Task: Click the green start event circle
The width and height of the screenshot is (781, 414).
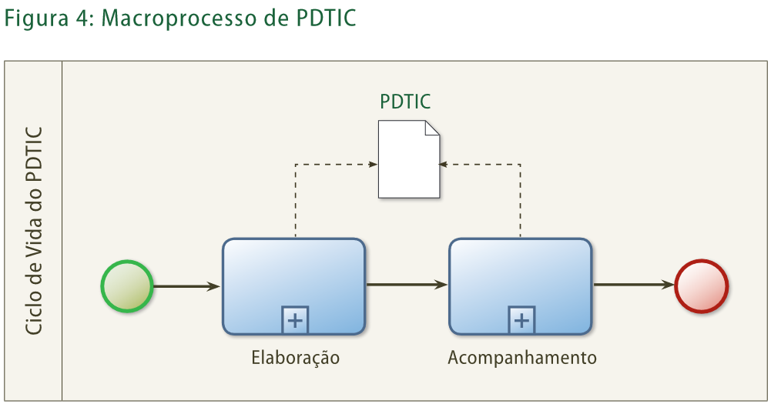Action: click(x=127, y=286)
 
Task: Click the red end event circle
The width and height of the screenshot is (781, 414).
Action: click(x=701, y=286)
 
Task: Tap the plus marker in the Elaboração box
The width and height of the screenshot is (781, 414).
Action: click(x=294, y=320)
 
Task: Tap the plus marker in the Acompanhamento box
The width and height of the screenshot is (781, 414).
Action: click(x=521, y=320)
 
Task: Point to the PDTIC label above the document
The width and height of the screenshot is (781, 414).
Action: click(x=405, y=102)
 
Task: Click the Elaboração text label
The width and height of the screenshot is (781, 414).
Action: click(x=295, y=359)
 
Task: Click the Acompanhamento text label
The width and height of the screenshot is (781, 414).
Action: click(x=522, y=359)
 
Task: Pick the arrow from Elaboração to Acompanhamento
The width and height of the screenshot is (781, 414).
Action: click(x=407, y=285)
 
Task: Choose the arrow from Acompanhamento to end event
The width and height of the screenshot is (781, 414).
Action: click(x=633, y=285)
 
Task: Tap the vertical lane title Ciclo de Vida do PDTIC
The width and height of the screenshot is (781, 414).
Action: click(x=33, y=229)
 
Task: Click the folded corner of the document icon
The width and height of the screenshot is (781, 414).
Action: click(x=432, y=128)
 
